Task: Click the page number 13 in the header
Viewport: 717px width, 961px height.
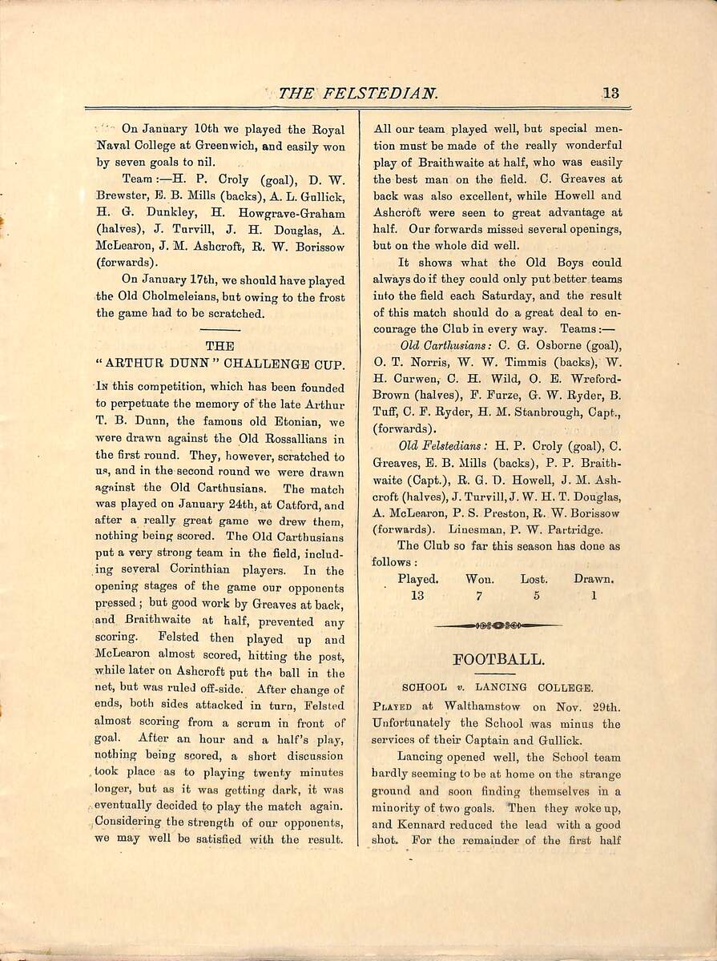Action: (610, 93)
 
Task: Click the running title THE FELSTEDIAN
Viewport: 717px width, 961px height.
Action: (358, 94)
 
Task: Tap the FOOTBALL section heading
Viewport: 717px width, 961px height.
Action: (498, 660)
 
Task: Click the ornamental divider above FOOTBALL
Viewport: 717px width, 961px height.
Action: (498, 625)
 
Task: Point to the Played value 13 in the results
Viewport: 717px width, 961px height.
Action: (417, 596)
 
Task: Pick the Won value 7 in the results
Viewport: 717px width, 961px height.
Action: (477, 596)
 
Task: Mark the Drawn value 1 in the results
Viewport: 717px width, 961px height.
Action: (594, 596)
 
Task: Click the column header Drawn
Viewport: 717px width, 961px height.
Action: (594, 579)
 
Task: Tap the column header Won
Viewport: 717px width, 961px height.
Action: (480, 579)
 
